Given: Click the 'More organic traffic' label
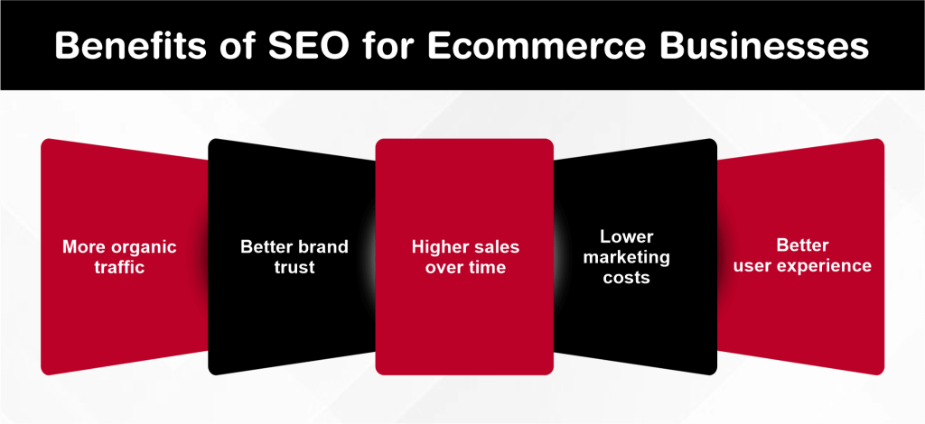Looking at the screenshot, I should pyautogui.click(x=119, y=257).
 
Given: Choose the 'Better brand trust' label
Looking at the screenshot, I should pyautogui.click(x=294, y=257).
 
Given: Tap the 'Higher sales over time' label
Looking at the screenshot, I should pyautogui.click(x=465, y=257).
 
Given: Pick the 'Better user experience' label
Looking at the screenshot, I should pyautogui.click(x=802, y=255).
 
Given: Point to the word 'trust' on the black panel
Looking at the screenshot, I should pyautogui.click(x=294, y=268).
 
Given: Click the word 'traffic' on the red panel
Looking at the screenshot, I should pyautogui.click(x=119, y=268).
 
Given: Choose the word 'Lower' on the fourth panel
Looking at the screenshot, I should pyautogui.click(x=625, y=236).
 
